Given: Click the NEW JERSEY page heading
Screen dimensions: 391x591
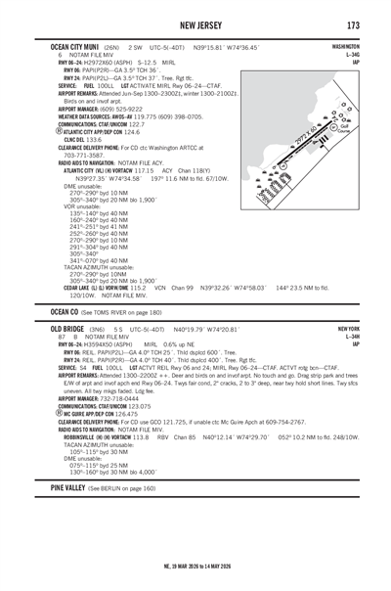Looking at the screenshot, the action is [x=195, y=24].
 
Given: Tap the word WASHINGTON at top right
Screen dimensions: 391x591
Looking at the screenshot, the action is [x=344, y=46].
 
